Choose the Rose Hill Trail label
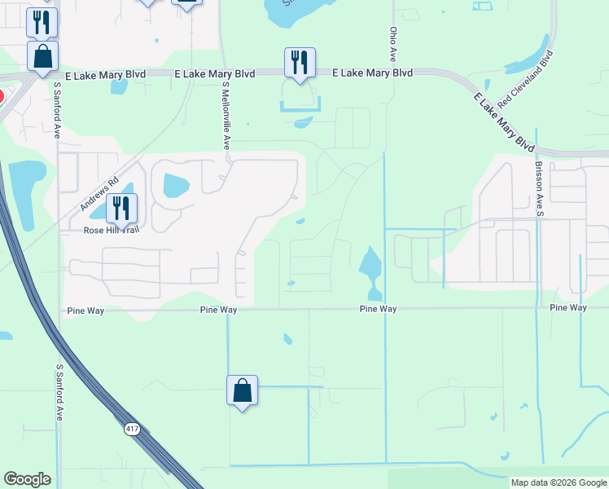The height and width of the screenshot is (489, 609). [112, 231]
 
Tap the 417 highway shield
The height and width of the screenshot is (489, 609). [132, 429]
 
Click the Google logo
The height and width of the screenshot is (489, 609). [27, 479]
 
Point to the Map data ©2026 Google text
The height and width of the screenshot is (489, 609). [558, 482]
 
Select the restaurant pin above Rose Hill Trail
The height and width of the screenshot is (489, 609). [120, 207]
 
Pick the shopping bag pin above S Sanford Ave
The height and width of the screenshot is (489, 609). [42, 56]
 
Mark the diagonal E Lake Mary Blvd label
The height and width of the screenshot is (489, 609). [505, 121]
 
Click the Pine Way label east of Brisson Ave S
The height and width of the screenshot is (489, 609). [568, 307]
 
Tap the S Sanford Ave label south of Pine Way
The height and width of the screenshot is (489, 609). [59, 391]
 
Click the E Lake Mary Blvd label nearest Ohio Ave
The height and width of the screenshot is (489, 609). [373, 73]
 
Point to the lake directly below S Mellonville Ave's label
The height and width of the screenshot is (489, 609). [176, 186]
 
